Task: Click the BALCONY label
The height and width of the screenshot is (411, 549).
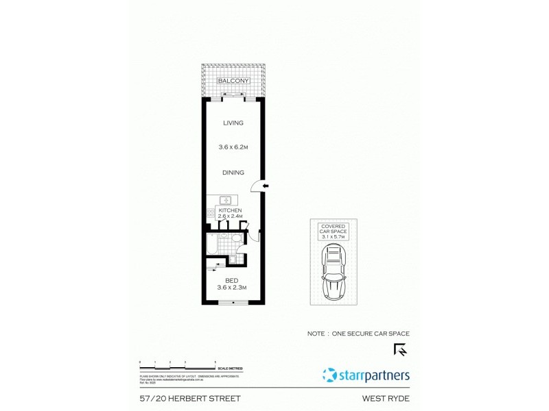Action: tap(233, 81)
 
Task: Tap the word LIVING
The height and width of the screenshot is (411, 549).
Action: tap(233, 123)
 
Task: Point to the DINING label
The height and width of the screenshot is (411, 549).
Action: tap(233, 173)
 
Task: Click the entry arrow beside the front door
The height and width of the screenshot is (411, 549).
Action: tap(266, 186)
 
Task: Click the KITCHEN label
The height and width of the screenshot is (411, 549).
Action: tap(231, 210)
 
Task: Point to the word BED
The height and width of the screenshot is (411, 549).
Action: tap(231, 280)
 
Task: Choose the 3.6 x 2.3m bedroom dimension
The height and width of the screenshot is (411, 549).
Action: tap(231, 288)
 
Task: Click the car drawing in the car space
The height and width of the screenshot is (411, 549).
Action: tap(334, 271)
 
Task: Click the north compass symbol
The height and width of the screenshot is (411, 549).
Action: tap(400, 349)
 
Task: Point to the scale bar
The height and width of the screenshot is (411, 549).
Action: tap(178, 364)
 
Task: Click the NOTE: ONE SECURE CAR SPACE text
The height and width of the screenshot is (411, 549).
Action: tap(358, 334)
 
